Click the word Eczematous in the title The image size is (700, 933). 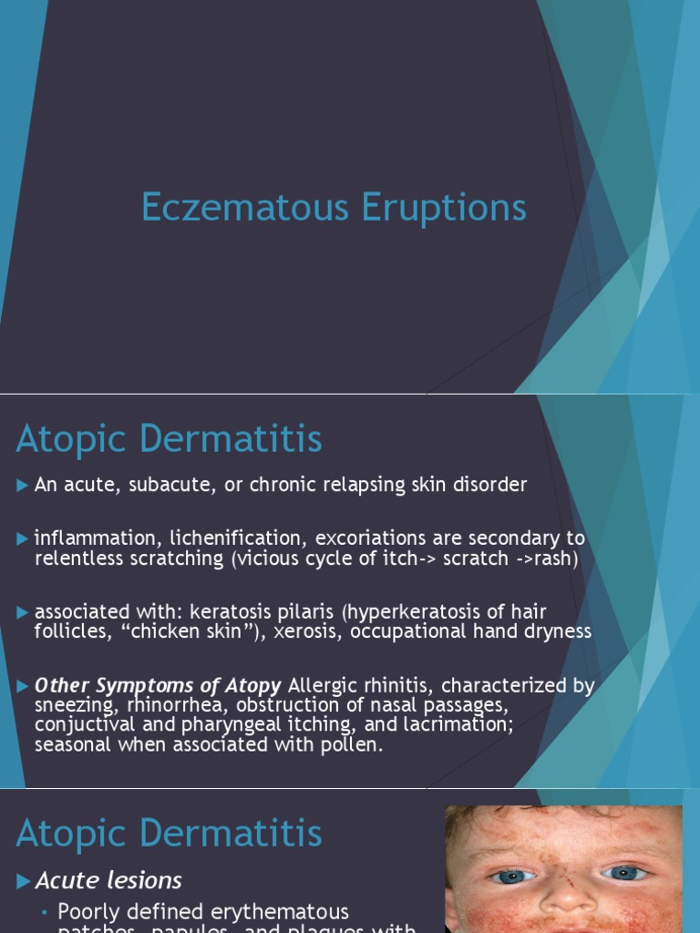pos(246,208)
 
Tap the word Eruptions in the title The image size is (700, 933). pos(444,208)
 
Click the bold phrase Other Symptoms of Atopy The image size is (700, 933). pos(158,685)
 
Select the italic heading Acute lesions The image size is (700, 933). pos(108,880)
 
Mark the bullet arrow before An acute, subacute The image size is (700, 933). pos(23,486)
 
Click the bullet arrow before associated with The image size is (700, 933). pos(23,612)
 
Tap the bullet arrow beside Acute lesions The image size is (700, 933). pos(24,881)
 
